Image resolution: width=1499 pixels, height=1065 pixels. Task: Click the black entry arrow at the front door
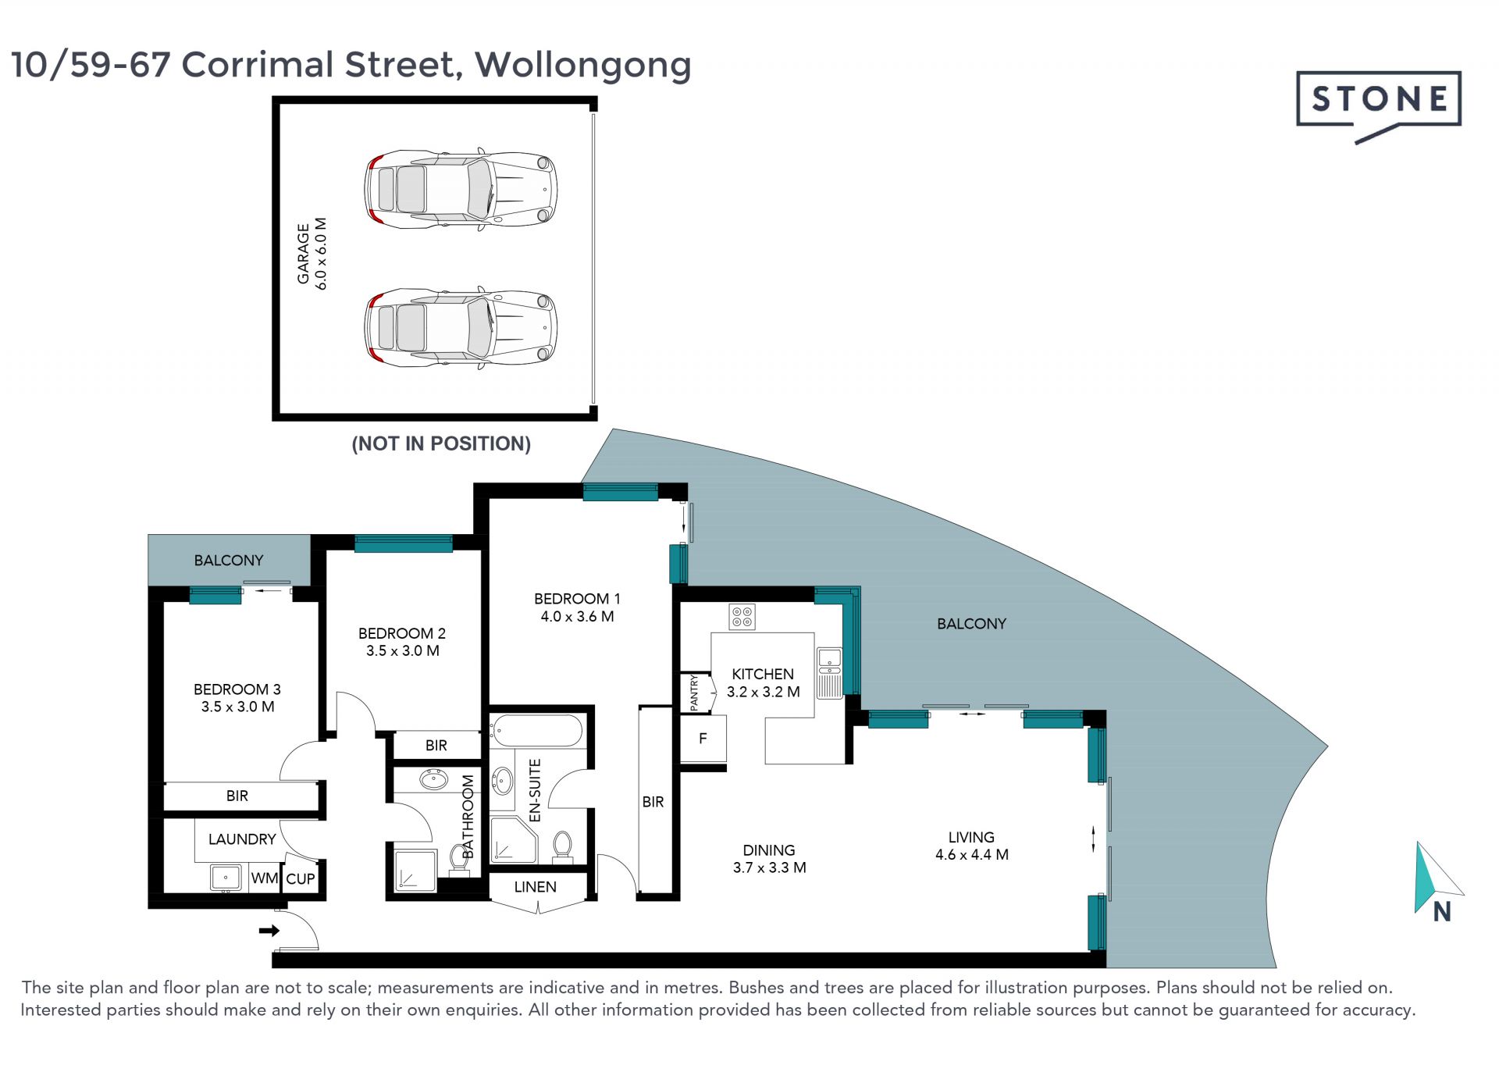point(269,931)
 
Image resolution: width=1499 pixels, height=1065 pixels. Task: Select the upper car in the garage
point(461,189)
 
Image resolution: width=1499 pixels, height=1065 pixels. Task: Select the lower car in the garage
point(461,326)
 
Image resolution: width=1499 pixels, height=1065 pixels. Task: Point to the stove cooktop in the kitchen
point(742,617)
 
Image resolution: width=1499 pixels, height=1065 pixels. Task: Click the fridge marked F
point(703,739)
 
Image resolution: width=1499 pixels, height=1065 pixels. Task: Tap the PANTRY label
point(694,693)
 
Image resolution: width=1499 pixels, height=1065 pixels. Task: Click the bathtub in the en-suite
point(536,731)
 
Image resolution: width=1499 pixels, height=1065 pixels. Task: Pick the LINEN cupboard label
point(536,887)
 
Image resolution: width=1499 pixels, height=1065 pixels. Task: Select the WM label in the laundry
point(265,878)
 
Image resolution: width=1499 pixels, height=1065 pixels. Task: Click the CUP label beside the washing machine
point(301,879)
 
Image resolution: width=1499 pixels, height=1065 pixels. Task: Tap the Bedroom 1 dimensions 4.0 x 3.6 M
point(577,617)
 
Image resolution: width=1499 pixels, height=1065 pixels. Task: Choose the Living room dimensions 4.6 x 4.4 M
point(972,855)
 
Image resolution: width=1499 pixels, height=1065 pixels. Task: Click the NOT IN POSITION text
point(441,443)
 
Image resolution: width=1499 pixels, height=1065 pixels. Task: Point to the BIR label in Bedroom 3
point(237,796)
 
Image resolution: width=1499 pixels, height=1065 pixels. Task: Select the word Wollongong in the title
point(583,66)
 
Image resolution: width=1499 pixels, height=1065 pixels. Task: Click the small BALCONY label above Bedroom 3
point(229,561)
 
